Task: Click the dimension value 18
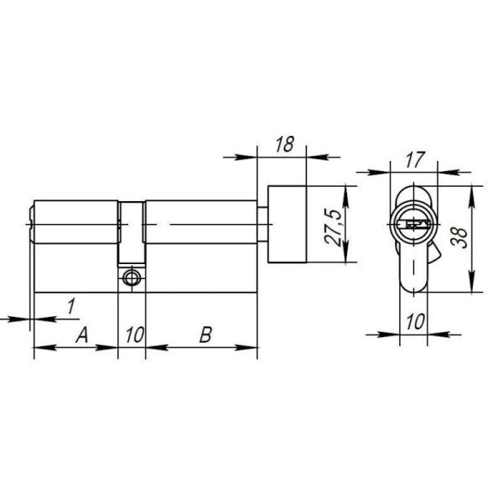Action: coord(283,143)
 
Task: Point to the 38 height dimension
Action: coord(459,237)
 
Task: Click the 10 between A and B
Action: coord(131,336)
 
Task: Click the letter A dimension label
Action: coord(81,336)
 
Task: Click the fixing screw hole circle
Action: coord(131,277)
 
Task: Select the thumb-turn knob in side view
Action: coord(287,223)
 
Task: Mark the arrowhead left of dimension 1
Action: coord(25,318)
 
